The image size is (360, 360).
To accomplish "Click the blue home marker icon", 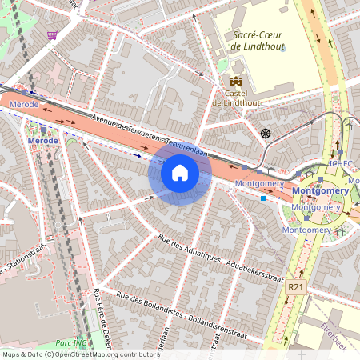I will tap(180, 173).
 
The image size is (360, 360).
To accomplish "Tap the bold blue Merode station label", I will tap(42, 141).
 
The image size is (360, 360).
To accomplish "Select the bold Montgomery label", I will tap(320, 191).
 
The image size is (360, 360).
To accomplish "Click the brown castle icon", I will tap(235, 81).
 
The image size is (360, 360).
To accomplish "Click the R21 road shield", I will tap(297, 286).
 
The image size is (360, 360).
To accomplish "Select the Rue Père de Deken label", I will tap(102, 316).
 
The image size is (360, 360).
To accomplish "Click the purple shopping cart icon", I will tap(52, 35).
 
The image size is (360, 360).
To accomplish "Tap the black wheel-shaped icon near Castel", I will tap(266, 132).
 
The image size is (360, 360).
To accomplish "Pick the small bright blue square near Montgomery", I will tap(263, 199).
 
